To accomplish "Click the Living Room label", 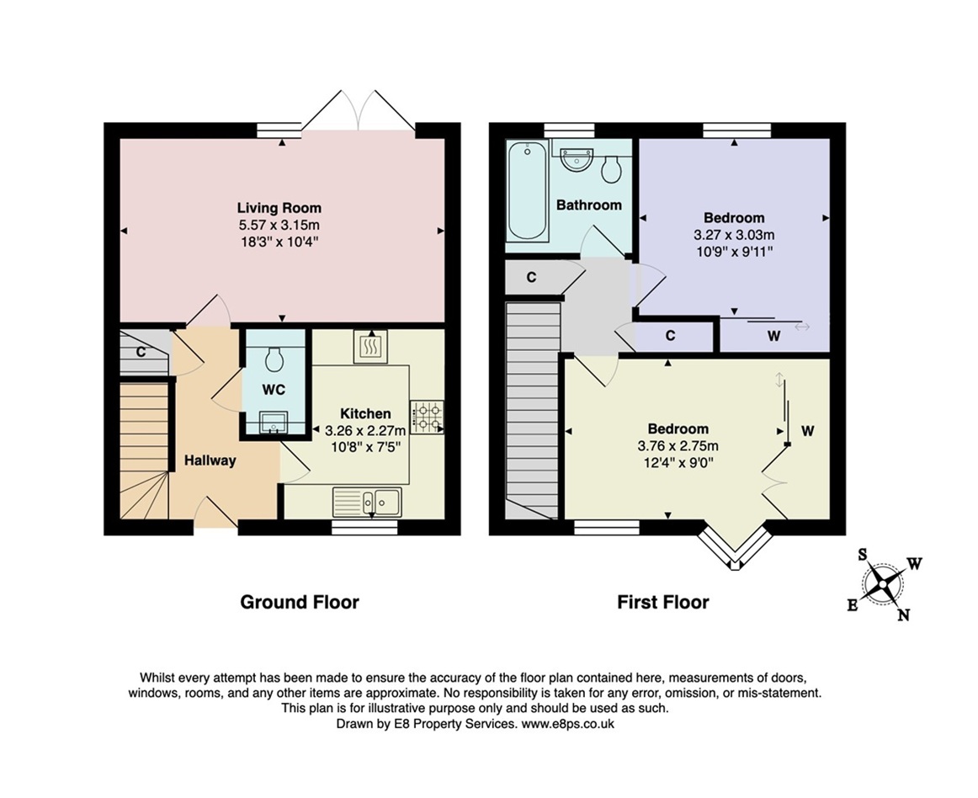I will [279, 208].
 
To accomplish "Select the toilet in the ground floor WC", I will [273, 360].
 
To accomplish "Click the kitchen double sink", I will [369, 501].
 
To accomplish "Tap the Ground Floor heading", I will [300, 602].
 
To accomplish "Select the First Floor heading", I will [662, 602].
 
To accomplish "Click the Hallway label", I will [210, 460].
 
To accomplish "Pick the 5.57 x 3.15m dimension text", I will [279, 226].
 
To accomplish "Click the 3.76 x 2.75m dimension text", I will [678, 446].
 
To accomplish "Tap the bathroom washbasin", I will [577, 158].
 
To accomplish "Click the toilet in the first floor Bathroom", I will [612, 170].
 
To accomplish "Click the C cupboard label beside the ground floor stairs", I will [141, 352].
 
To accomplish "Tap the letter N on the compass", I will [903, 615].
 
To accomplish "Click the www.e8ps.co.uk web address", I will [569, 724].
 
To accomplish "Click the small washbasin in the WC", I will [273, 422].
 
